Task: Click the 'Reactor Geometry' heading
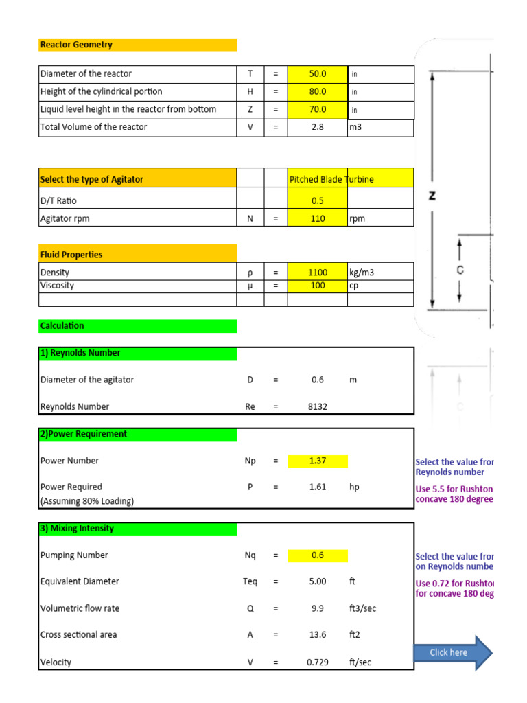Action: coord(76,45)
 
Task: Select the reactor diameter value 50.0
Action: coord(318,74)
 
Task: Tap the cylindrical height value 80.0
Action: coord(318,92)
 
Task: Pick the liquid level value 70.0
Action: coord(318,110)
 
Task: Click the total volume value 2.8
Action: coord(318,127)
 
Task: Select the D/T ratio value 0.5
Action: coord(318,201)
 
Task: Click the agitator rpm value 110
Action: coord(318,219)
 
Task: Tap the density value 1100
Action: coord(318,273)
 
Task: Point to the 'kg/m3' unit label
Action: coord(362,273)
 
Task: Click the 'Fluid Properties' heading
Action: coord(71,255)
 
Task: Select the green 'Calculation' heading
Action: coord(62,326)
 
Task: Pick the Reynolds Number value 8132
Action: coord(318,407)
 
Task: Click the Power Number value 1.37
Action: coord(318,461)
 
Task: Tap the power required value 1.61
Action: coord(318,487)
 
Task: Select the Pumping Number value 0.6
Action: coord(318,555)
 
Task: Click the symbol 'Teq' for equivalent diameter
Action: coord(250,582)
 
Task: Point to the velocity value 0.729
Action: coord(318,663)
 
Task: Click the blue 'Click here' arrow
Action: coord(451,653)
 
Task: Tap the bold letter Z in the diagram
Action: coord(432,196)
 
